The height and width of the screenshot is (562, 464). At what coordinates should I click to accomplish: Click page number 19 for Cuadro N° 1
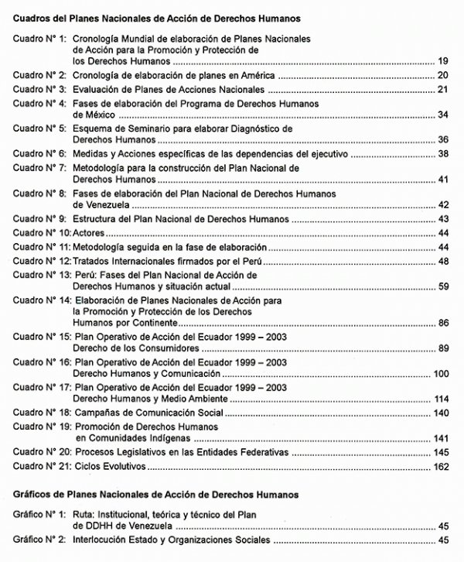click(443, 60)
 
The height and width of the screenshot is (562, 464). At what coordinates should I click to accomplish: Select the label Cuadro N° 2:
click(39, 75)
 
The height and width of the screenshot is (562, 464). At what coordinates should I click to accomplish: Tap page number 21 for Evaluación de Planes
click(443, 89)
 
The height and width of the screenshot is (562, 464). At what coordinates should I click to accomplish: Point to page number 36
click(443, 140)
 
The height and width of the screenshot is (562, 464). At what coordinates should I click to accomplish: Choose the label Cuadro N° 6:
click(39, 154)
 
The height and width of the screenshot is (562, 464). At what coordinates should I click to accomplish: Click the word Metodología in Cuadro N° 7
click(103, 167)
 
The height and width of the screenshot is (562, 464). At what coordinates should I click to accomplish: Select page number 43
click(443, 219)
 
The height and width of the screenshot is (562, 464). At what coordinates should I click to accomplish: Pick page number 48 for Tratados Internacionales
click(443, 261)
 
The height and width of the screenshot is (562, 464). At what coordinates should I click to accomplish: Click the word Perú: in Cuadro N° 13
click(87, 275)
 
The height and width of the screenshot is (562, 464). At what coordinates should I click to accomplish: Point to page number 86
click(443, 322)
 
